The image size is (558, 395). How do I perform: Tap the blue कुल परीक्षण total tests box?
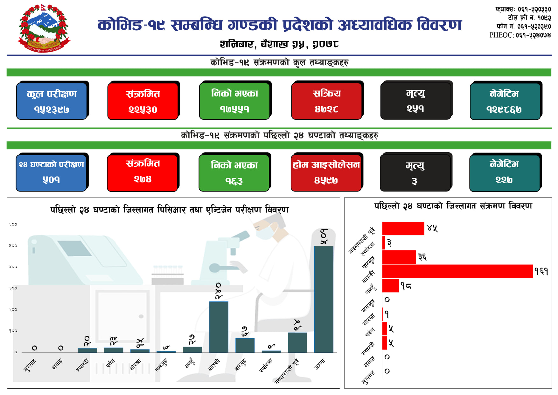click(x=52, y=101)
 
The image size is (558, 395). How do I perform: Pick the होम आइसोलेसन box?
click(x=326, y=173)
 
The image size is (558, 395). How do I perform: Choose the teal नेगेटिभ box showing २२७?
click(x=505, y=173)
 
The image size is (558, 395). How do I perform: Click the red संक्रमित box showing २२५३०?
click(x=143, y=101)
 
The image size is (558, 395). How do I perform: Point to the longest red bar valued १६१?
click(x=457, y=271)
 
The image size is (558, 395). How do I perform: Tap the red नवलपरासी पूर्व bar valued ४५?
click(x=403, y=228)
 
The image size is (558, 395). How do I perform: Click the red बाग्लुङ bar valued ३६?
click(x=399, y=257)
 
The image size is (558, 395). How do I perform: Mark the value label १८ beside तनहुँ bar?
click(x=406, y=286)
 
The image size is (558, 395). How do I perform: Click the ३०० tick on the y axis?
click(x=13, y=288)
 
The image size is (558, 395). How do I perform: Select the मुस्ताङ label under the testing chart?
click(x=30, y=366)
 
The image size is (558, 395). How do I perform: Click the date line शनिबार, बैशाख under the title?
click(x=279, y=44)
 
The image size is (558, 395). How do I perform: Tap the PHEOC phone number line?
click(x=520, y=35)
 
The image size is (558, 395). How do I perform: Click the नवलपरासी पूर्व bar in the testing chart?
click(x=297, y=342)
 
